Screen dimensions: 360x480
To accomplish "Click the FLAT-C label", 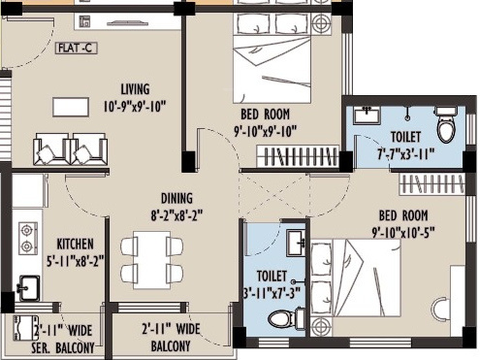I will [x=75, y=46].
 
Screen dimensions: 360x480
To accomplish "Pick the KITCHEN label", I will [x=75, y=244].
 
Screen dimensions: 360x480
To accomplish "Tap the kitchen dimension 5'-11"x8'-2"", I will [x=75, y=260].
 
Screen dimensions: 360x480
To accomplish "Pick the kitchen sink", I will [x=28, y=286].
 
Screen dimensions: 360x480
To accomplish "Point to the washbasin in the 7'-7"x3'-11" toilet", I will [x=366, y=115].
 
